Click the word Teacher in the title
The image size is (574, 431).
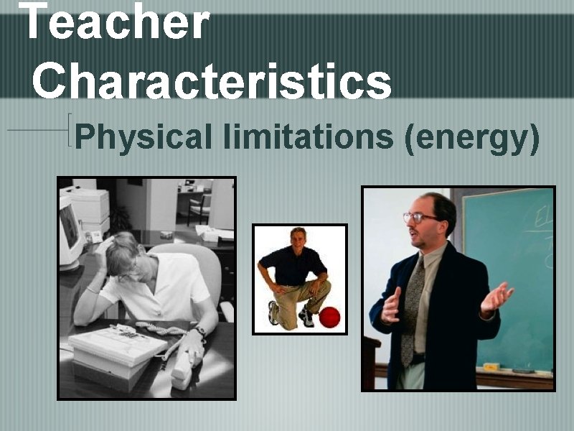(115, 22)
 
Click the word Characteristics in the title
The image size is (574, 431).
(212, 80)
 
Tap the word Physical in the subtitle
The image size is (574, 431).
(143, 136)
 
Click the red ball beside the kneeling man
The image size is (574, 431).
(329, 317)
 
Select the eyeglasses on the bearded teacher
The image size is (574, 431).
(419, 217)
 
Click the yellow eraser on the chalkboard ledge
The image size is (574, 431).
(491, 366)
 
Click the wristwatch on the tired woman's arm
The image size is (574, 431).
(199, 331)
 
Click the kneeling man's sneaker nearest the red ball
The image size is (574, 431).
(307, 318)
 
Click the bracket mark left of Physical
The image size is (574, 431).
(70, 129)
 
